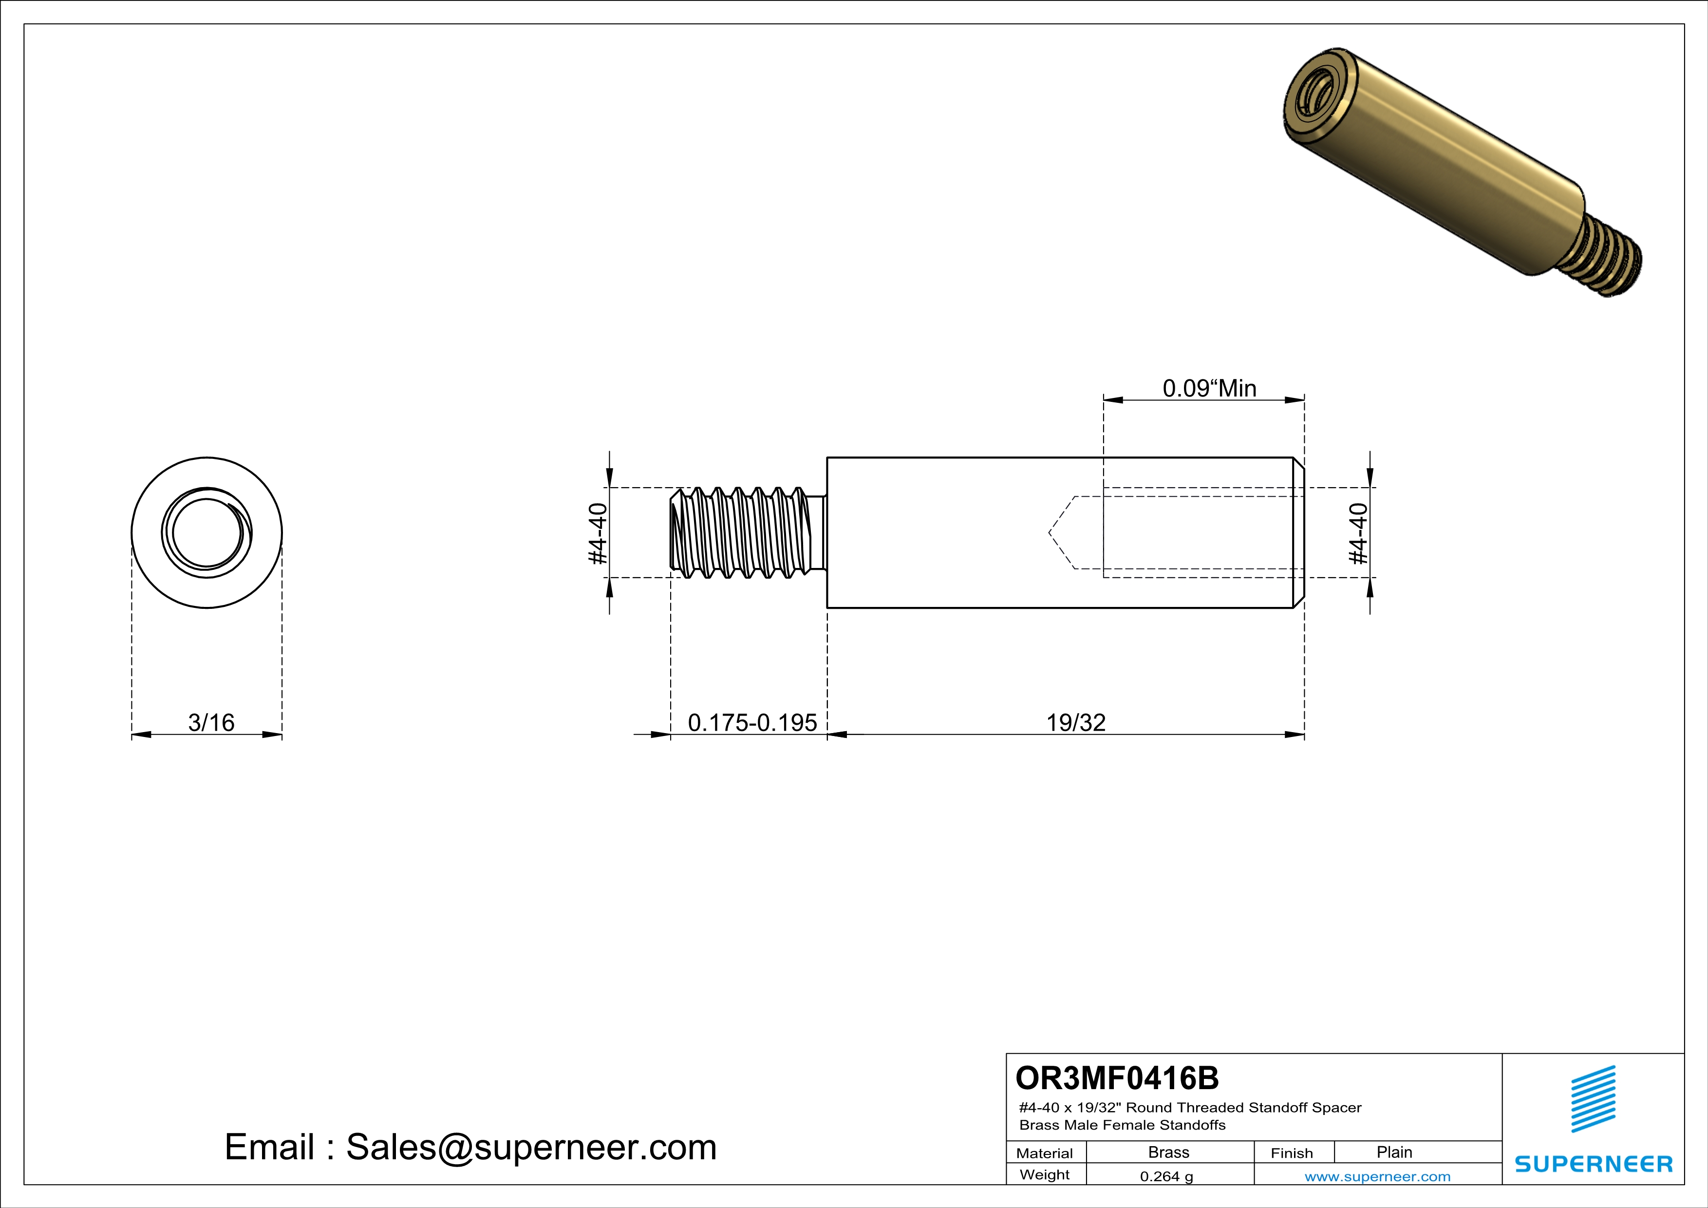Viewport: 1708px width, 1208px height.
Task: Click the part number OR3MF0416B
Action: pos(1117,1078)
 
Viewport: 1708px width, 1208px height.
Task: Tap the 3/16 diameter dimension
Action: pos(211,722)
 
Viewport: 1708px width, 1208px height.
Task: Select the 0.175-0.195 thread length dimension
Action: pos(752,722)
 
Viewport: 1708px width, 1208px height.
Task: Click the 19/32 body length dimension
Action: pos(1076,722)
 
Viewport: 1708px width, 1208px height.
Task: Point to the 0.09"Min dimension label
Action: pos(1209,388)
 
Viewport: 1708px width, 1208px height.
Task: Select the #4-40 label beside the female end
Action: pos(1358,533)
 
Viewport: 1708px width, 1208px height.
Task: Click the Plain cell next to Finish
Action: pos(1393,1152)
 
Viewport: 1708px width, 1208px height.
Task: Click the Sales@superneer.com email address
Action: pos(531,1147)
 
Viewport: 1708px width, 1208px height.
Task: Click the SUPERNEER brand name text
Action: pos(1594,1164)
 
